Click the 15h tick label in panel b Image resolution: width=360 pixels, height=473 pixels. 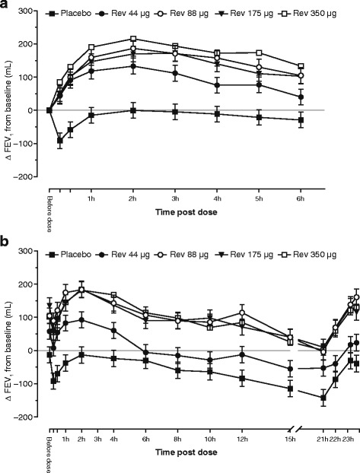point(290,441)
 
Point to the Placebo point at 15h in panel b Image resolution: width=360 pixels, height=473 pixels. point(290,389)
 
